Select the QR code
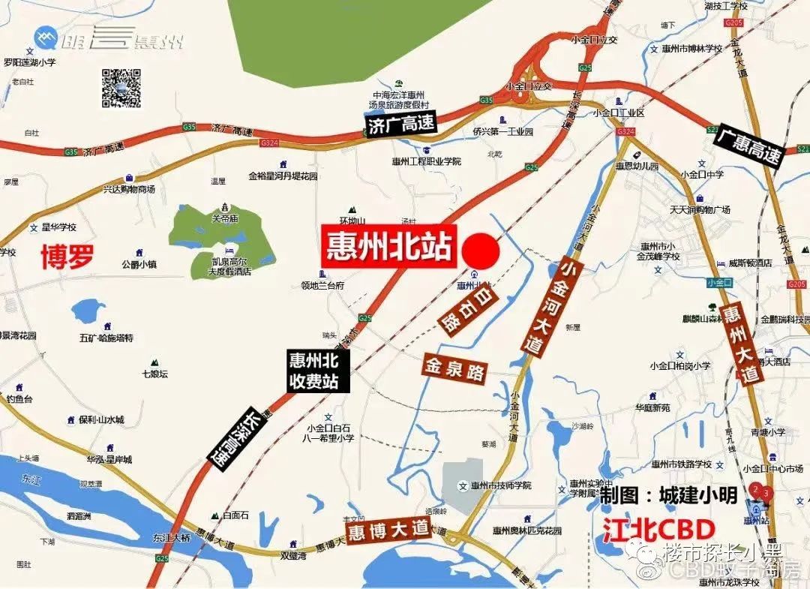[121, 87]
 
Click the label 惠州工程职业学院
[426, 161]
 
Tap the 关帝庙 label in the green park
[224, 219]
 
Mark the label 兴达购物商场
[129, 189]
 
